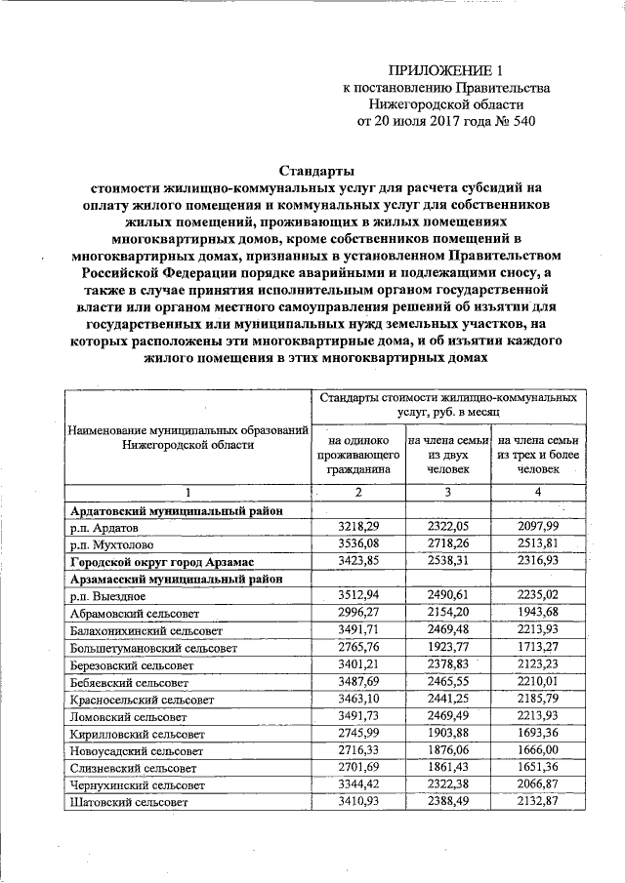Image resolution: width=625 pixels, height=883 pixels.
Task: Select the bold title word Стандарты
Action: (x=310, y=170)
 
